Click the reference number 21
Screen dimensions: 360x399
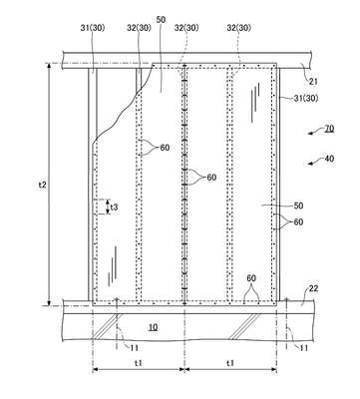coord(313,82)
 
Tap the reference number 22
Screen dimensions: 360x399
coord(313,288)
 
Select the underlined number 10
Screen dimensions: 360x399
coord(153,327)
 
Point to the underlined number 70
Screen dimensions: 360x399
coord(329,129)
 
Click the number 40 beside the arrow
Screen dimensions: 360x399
coord(329,159)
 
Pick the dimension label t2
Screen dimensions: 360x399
coord(42,185)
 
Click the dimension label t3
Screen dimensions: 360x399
coord(114,207)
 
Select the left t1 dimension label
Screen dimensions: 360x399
coord(139,363)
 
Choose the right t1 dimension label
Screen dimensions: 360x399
coord(230,363)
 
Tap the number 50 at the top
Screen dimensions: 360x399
coord(161,20)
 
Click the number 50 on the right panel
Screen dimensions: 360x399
coord(298,205)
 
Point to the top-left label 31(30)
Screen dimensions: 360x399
coord(93,28)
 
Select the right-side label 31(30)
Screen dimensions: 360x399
coord(306,98)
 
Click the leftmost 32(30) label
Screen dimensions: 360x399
coord(139,28)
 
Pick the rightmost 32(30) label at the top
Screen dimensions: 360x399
coord(239,28)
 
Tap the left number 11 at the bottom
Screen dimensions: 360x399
coord(134,347)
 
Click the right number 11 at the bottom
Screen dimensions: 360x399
coord(304,347)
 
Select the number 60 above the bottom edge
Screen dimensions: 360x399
coord(251,278)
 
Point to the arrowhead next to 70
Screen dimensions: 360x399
coord(311,134)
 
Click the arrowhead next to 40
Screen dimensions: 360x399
coord(311,163)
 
